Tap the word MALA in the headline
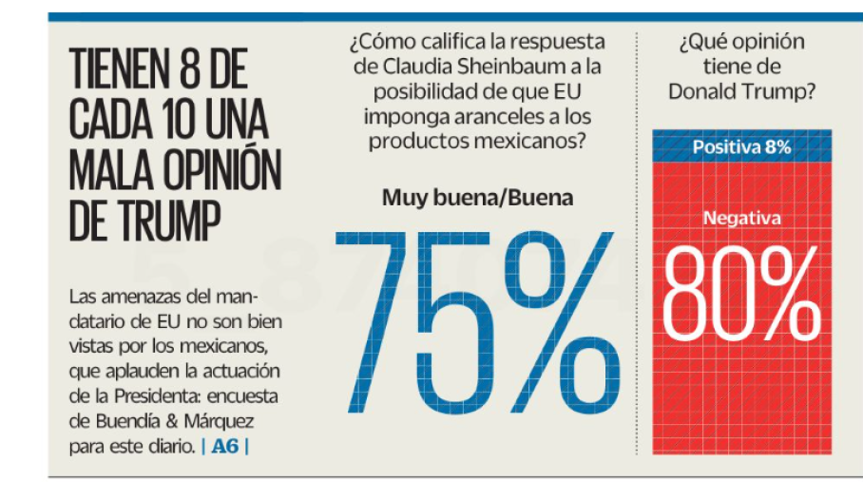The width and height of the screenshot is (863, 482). coord(111,171)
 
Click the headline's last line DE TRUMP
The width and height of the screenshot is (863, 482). coord(145,221)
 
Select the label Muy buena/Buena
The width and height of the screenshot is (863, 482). coord(477,199)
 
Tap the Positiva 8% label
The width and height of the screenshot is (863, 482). coord(741,148)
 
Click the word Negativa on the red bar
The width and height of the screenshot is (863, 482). coord(741,219)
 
